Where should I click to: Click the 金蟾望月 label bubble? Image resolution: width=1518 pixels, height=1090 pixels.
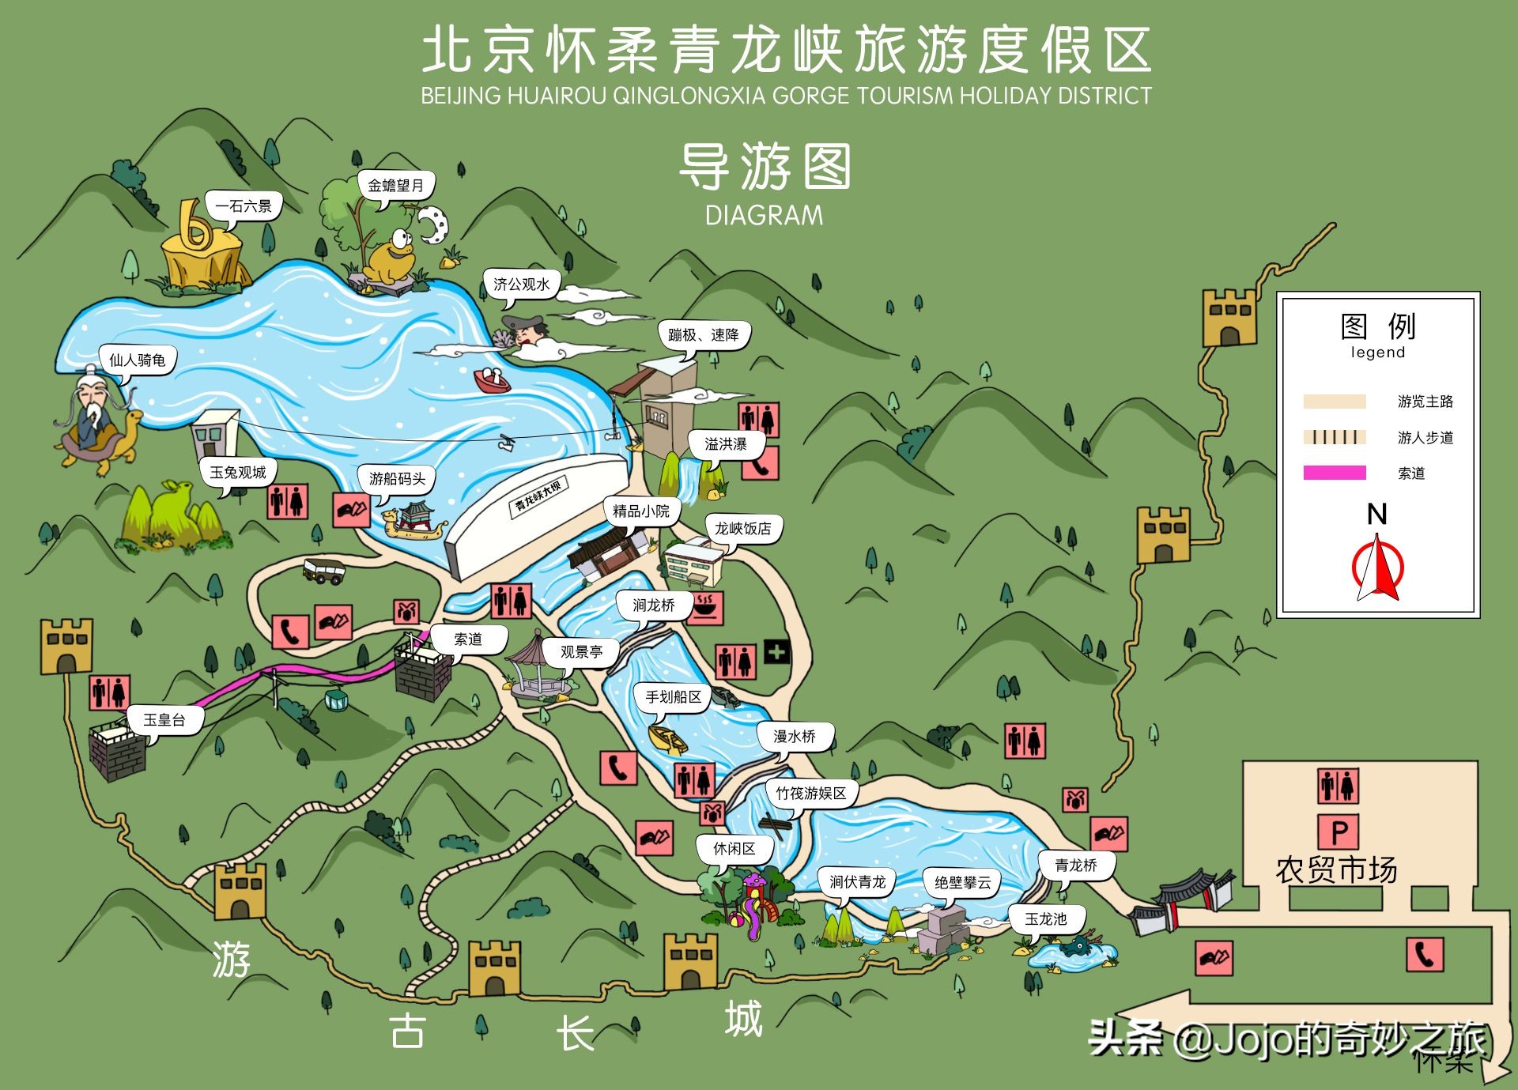click(395, 185)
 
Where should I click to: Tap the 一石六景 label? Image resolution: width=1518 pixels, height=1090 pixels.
click(243, 206)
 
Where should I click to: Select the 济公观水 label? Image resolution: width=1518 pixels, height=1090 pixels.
click(521, 284)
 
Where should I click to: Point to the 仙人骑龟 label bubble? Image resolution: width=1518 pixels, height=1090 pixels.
click(137, 360)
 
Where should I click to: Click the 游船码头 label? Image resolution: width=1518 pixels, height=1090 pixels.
click(397, 478)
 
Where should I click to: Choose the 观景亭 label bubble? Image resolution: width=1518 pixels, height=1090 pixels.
click(581, 652)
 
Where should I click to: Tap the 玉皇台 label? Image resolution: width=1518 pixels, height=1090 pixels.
click(164, 720)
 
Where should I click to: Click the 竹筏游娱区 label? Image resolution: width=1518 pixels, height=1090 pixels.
click(810, 793)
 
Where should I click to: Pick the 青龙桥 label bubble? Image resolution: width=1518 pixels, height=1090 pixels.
click(1076, 866)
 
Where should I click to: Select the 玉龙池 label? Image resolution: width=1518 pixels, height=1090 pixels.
click(1045, 919)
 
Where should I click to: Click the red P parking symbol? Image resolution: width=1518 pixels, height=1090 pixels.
click(1338, 832)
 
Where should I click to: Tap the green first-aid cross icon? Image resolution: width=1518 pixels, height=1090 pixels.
click(776, 652)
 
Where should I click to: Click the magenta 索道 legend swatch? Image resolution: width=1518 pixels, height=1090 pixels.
click(1335, 473)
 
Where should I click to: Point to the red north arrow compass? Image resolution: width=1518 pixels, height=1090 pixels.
click(1376, 568)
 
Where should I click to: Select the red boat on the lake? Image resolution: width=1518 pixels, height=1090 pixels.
click(493, 380)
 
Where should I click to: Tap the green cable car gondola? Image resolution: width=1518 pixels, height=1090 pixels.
click(336, 700)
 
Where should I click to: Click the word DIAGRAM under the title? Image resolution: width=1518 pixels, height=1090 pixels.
click(764, 215)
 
